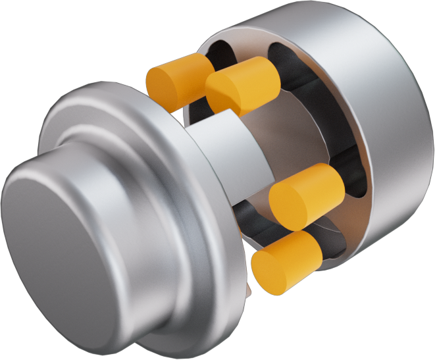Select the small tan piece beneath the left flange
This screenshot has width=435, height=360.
click(248, 288)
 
